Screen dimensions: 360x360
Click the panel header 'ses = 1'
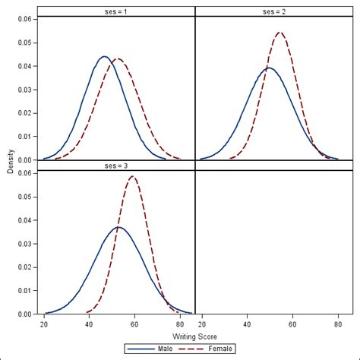(116, 11)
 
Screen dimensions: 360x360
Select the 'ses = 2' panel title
(275, 11)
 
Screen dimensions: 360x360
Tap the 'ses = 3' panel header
(116, 165)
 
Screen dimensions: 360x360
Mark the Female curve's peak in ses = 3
(134, 177)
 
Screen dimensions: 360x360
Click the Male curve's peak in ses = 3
(116, 227)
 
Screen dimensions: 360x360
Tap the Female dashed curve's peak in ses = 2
(280, 33)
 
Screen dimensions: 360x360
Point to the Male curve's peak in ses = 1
(105, 56)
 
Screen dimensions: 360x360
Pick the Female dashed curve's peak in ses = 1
(117, 58)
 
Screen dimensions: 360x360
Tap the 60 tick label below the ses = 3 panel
(134, 323)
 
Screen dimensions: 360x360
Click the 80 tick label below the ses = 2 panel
(338, 323)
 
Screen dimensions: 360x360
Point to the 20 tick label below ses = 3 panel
(44, 323)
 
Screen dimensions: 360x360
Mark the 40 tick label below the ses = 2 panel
(247, 323)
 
